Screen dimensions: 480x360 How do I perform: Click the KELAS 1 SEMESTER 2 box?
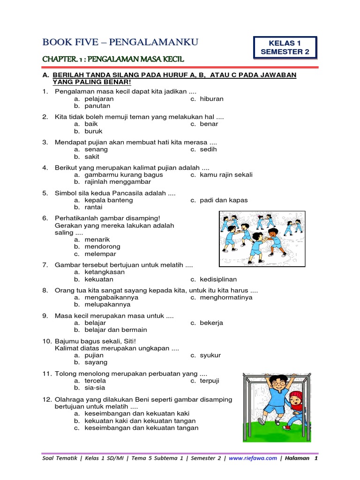coord(285,47)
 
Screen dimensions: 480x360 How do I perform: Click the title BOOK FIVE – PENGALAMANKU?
coord(120,43)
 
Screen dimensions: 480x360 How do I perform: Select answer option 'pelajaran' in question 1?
coord(99,99)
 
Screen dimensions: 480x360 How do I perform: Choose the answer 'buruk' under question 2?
coord(93,131)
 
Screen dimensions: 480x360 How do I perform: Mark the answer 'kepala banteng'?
coord(109,200)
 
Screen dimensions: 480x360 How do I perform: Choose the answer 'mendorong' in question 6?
coord(102,247)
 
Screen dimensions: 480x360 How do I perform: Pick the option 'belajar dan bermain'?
coord(116,330)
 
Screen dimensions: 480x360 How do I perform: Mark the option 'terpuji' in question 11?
coord(210,381)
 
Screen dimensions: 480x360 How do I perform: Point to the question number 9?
coord(45,316)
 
